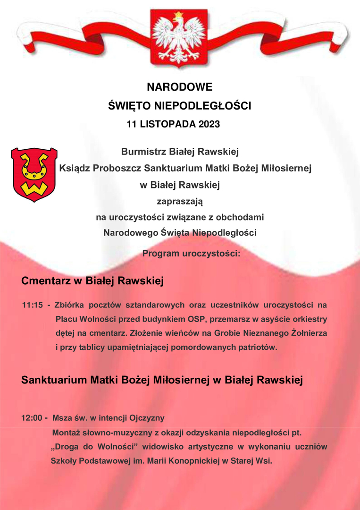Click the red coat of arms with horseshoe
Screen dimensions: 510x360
(x=34, y=174)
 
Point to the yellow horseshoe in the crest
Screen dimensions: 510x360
(x=34, y=166)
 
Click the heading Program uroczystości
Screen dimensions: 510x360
(x=192, y=254)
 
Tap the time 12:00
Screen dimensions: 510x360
(x=31, y=418)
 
